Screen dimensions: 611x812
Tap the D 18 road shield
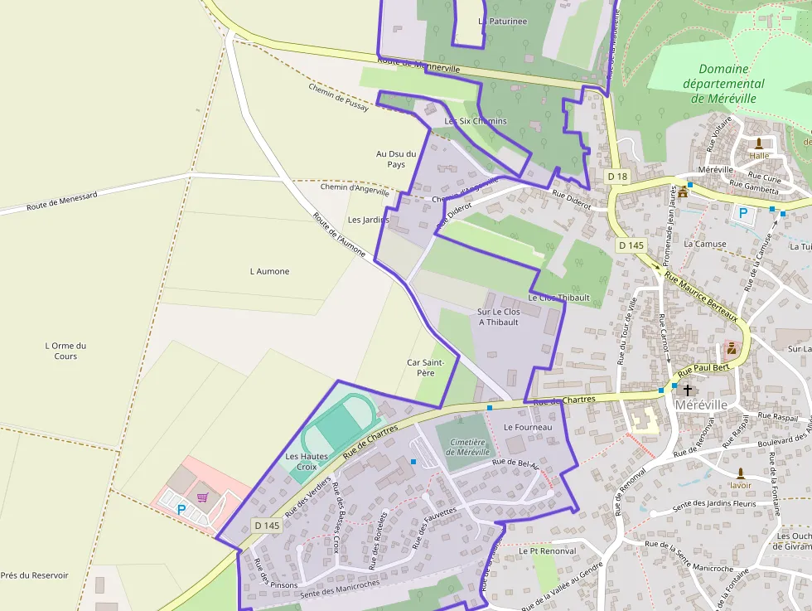[x=617, y=177]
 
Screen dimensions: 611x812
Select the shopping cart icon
[x=202, y=497]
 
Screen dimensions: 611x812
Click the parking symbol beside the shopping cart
[x=181, y=510]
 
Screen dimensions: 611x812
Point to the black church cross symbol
[x=687, y=389]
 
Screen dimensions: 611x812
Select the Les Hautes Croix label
[x=307, y=462]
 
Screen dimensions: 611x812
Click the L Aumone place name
[x=269, y=271]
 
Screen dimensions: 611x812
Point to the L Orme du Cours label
[x=65, y=351]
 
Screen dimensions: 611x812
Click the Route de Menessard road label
[x=61, y=201]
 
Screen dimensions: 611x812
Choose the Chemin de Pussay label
[x=337, y=98]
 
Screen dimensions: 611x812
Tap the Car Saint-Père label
[x=426, y=367]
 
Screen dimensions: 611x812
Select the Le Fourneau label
[x=528, y=427]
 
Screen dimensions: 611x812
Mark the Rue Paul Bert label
[x=703, y=368]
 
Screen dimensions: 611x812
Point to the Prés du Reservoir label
[x=34, y=575]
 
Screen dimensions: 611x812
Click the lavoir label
[x=740, y=485]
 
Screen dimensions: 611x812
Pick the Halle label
[x=758, y=155]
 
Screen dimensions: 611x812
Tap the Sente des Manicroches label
[x=340, y=589]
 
